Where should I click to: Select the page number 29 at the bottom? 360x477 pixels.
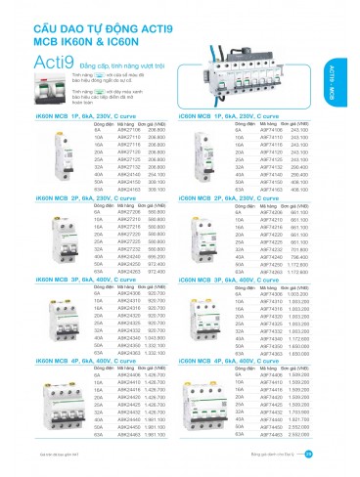point(337,452)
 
